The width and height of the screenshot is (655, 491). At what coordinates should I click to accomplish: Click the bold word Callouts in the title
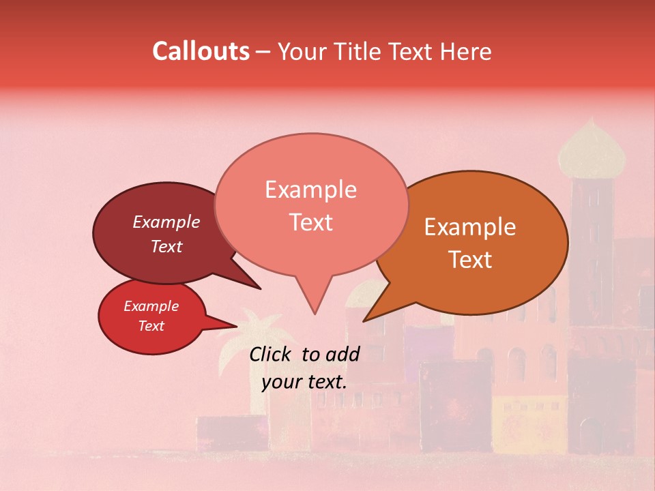tap(201, 51)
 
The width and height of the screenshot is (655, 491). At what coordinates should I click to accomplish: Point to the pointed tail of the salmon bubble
tap(313, 300)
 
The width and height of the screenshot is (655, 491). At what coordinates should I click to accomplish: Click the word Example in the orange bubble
tap(470, 227)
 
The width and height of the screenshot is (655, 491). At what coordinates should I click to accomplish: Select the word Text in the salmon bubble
tap(311, 222)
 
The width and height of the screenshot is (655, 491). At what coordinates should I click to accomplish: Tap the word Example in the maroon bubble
tap(166, 222)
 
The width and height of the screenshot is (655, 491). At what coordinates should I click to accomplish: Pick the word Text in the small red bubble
tap(151, 326)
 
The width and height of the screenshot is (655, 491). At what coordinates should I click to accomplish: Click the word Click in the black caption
tap(271, 354)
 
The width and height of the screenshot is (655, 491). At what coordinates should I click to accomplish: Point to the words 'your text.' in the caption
tap(304, 381)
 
